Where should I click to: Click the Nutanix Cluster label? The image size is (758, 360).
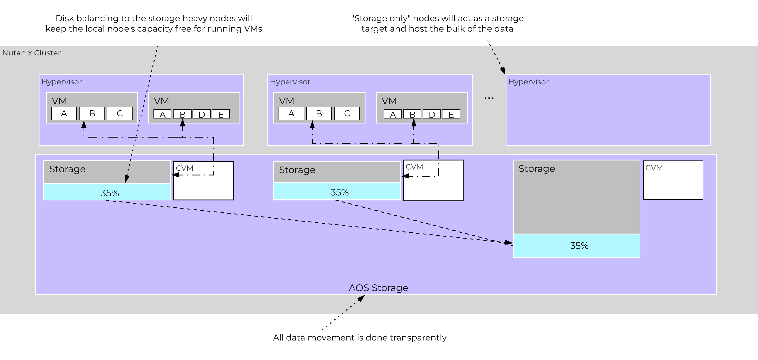click(32, 53)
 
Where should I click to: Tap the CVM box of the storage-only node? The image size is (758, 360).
click(673, 180)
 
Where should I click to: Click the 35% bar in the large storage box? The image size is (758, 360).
click(576, 246)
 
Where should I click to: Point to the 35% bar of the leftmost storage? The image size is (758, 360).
click(107, 193)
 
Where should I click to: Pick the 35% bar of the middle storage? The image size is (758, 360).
click(337, 192)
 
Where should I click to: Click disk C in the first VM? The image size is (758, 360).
click(119, 113)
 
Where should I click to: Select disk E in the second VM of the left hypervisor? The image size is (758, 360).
click(221, 114)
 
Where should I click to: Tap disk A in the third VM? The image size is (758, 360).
click(291, 113)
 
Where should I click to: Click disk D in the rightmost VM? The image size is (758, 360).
click(432, 114)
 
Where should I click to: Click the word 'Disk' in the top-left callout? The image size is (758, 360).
click(64, 18)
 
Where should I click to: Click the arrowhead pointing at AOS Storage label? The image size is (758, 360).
click(361, 298)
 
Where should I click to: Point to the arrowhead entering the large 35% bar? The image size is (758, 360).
click(509, 243)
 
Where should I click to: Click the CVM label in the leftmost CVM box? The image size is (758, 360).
click(185, 168)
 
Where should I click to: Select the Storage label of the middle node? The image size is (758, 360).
click(297, 170)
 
